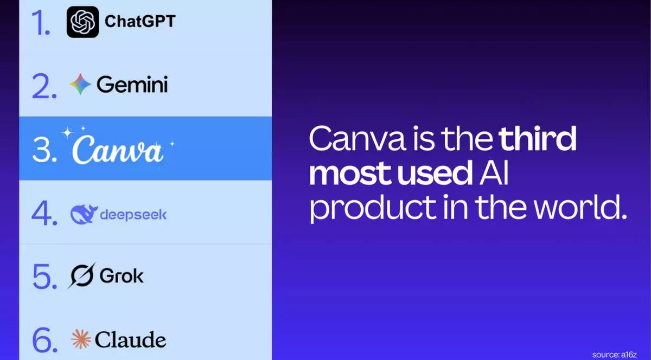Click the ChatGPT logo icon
click(82, 22)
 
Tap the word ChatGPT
click(140, 22)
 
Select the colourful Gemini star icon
click(80, 85)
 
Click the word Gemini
click(132, 85)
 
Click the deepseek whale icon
click(84, 215)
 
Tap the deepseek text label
click(133, 215)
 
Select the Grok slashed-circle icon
click(81, 276)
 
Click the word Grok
click(122, 276)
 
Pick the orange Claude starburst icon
click(80, 339)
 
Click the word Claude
click(130, 340)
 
